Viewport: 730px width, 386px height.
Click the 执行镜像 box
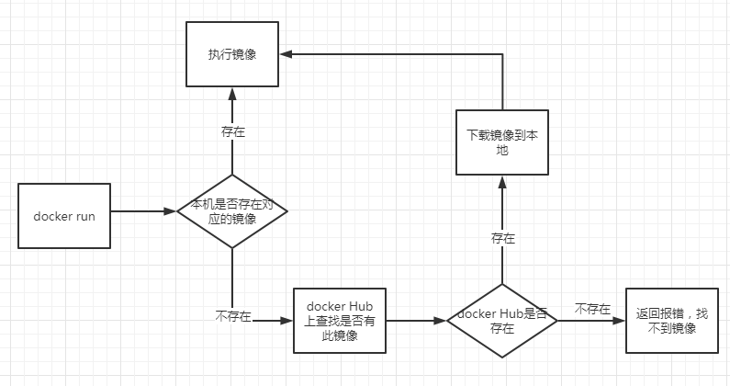coord(231,54)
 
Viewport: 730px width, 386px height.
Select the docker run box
coord(64,216)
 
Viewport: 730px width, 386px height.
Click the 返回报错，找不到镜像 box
coord(671,321)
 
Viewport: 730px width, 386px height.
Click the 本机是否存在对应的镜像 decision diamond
coord(232,211)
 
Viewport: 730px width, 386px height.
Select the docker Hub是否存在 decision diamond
coord(502,321)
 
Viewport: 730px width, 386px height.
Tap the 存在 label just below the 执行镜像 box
coord(233,131)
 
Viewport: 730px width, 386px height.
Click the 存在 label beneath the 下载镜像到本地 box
coord(503,238)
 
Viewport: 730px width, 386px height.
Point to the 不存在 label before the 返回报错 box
coord(592,309)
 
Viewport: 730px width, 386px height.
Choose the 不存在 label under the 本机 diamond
coord(232,315)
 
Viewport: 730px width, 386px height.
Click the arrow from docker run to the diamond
coord(142,211)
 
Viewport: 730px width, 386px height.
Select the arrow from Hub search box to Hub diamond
coord(415,321)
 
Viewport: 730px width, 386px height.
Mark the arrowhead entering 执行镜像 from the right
coord(286,54)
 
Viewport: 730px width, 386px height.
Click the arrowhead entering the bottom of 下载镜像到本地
coord(502,181)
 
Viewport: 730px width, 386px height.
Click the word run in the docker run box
coord(84,216)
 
